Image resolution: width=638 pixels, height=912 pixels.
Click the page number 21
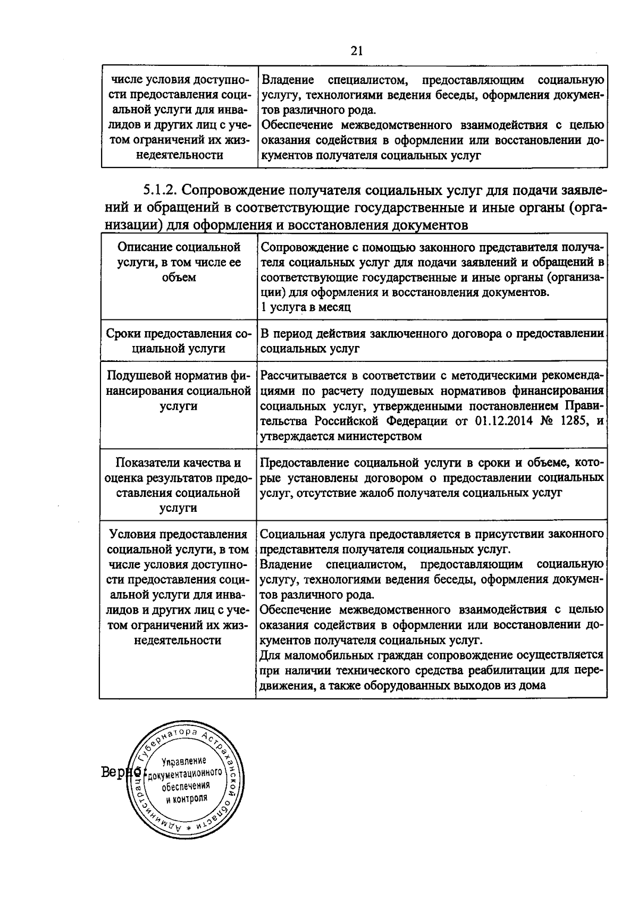[x=356, y=51]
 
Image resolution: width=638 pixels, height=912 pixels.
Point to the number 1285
[x=576, y=421]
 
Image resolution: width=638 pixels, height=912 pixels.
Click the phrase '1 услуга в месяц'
[x=306, y=307]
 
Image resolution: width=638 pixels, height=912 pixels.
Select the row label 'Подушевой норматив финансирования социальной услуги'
[x=178, y=391]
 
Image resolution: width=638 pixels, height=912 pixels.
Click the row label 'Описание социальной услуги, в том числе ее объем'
[x=178, y=262]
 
